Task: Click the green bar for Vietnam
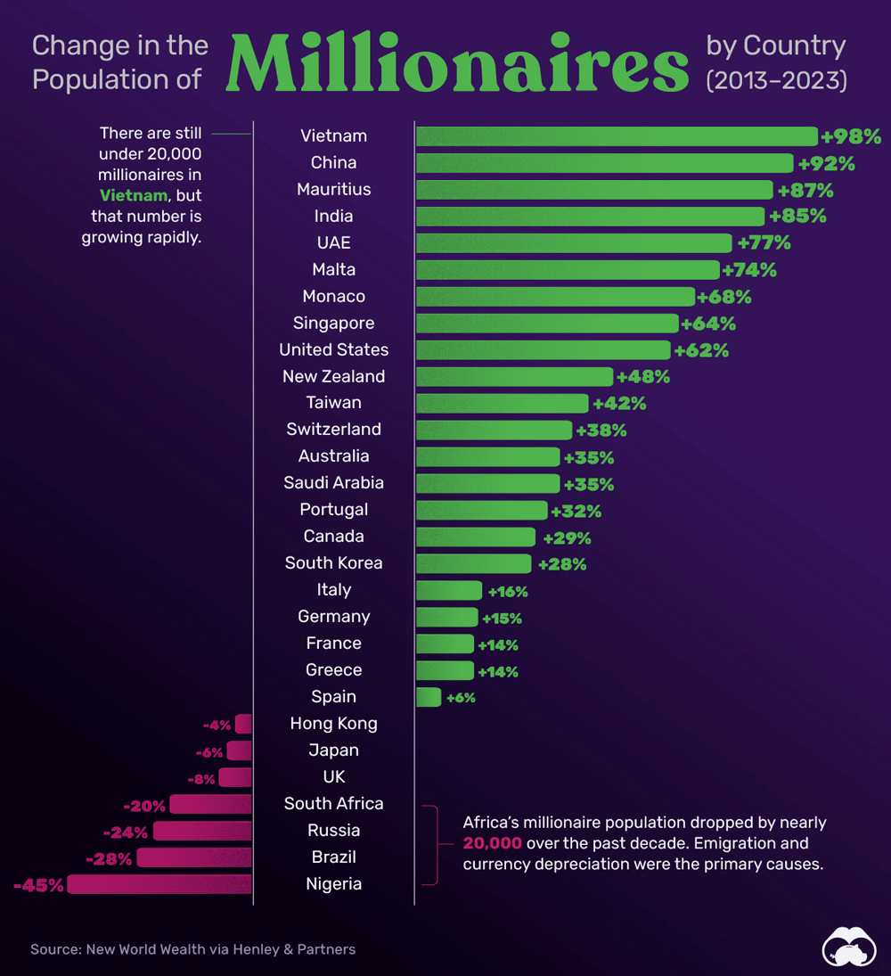tap(617, 136)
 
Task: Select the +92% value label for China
tap(826, 163)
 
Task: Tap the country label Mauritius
tap(333, 189)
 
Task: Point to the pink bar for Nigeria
tap(159, 884)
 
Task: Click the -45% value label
tap(39, 885)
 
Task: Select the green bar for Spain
tap(429, 697)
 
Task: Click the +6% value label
tap(461, 698)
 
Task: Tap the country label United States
tap(333, 349)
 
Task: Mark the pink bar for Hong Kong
tap(243, 724)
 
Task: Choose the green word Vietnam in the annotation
tap(133, 195)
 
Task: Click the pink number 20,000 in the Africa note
tap(492, 842)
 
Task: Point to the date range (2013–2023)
tap(776, 80)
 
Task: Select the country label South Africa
tap(333, 803)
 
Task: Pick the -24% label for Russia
tap(126, 832)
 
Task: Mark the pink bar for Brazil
tap(194, 857)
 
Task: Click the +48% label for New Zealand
tap(642, 377)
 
